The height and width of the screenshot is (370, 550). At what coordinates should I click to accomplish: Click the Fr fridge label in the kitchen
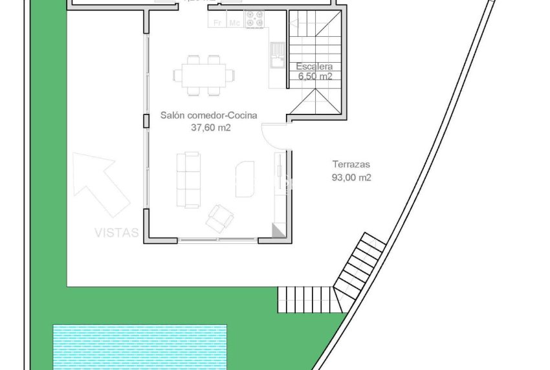[x=217, y=23]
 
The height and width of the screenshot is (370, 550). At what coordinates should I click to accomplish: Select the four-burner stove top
[x=254, y=21]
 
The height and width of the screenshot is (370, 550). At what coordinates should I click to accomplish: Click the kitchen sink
[x=277, y=52]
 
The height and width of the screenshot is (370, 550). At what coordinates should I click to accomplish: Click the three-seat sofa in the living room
[x=189, y=179]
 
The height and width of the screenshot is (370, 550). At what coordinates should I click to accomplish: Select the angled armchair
[x=219, y=217]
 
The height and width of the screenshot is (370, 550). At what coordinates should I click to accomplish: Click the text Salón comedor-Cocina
[x=208, y=115]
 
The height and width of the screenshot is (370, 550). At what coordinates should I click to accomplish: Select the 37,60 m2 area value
[x=208, y=127]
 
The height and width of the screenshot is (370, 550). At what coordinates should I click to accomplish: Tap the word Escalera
[x=314, y=66]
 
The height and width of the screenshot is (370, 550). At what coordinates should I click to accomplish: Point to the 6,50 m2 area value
[x=314, y=76]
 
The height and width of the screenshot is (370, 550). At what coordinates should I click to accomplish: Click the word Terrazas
[x=351, y=164]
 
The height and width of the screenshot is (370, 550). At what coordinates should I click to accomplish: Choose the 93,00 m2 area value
[x=351, y=177]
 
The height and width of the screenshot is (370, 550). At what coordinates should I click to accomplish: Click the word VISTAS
[x=116, y=232]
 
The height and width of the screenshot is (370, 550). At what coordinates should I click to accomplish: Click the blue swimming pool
[x=140, y=345]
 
